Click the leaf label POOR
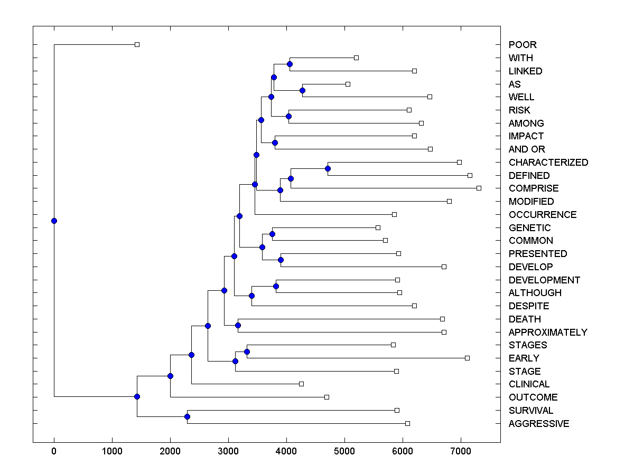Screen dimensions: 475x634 tap(522, 45)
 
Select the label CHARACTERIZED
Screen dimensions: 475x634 tap(548, 163)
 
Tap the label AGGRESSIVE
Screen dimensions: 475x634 tap(538, 424)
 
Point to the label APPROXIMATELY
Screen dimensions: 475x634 tap(547, 332)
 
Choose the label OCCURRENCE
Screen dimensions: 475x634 tap(542, 215)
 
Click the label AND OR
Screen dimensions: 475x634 tap(526, 149)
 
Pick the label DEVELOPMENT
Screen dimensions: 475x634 tap(544, 280)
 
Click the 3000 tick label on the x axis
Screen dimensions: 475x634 tap(228, 451)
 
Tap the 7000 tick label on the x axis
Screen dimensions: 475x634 tap(461, 451)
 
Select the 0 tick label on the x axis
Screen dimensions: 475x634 tap(54, 451)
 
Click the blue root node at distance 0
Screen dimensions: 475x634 tap(54, 221)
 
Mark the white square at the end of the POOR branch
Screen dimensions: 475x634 tap(137, 44)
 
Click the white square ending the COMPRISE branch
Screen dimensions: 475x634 tap(479, 188)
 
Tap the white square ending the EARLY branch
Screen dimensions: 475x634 tap(467, 358)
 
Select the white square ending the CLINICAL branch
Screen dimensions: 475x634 tap(301, 384)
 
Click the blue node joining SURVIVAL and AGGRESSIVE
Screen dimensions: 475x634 tap(187, 416)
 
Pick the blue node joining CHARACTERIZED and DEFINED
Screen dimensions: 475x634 tap(328, 168)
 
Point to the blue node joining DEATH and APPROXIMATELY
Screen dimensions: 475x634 tap(238, 325)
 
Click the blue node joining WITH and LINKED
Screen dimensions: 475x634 tap(290, 64)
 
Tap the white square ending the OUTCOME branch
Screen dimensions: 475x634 tap(327, 397)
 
